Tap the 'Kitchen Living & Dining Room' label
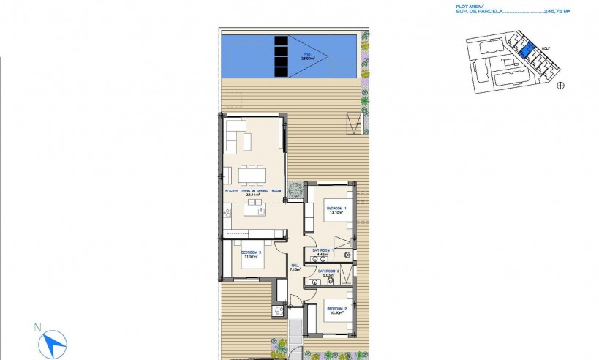click(252, 190)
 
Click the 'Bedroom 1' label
click(334, 209)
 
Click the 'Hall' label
click(295, 266)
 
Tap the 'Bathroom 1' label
click(322, 251)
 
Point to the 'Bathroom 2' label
click(328, 271)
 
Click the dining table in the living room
click(252, 175)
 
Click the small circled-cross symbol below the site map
click(561, 85)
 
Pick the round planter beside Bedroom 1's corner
click(295, 188)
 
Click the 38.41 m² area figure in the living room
click(253, 195)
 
